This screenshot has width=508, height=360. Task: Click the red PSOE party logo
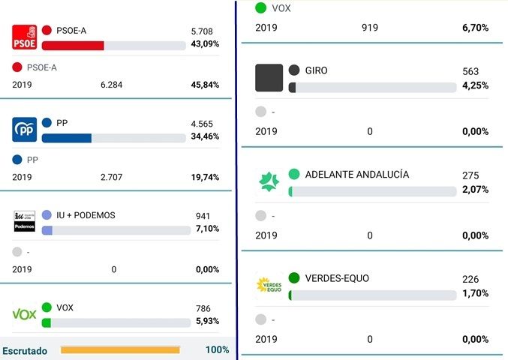(x=25, y=37)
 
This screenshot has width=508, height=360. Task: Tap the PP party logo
(x=25, y=130)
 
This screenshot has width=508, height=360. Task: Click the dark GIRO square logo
(x=269, y=78)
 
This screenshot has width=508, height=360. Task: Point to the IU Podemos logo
(x=25, y=221)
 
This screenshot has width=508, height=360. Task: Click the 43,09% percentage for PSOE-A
(x=205, y=44)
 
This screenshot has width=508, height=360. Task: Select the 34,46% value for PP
(x=205, y=137)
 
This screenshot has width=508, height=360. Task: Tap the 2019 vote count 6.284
(x=111, y=85)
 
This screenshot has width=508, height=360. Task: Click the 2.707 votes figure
(x=111, y=178)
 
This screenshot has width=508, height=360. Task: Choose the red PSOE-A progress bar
(x=73, y=46)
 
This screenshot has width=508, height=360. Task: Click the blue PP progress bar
(x=67, y=138)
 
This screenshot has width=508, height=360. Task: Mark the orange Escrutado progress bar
(x=120, y=349)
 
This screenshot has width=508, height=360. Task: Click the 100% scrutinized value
(x=217, y=350)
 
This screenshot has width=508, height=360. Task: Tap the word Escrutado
(x=25, y=350)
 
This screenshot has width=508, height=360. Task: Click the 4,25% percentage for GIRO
(x=475, y=85)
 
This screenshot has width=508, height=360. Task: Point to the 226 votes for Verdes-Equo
(x=470, y=280)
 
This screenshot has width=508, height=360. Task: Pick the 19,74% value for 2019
(x=205, y=178)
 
